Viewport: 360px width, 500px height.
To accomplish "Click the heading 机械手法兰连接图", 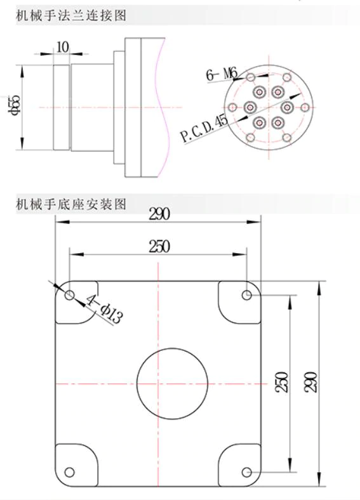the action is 71,15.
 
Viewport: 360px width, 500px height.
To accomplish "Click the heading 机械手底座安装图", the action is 71,204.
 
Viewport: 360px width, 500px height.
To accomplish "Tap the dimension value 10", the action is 63,47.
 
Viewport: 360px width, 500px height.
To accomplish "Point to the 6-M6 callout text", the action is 222,74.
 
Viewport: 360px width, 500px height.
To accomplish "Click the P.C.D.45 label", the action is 204,129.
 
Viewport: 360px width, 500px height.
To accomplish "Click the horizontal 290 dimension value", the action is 159,214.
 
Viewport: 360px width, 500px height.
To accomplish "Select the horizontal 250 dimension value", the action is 159,246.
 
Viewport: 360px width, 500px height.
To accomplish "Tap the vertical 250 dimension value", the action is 282,382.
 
